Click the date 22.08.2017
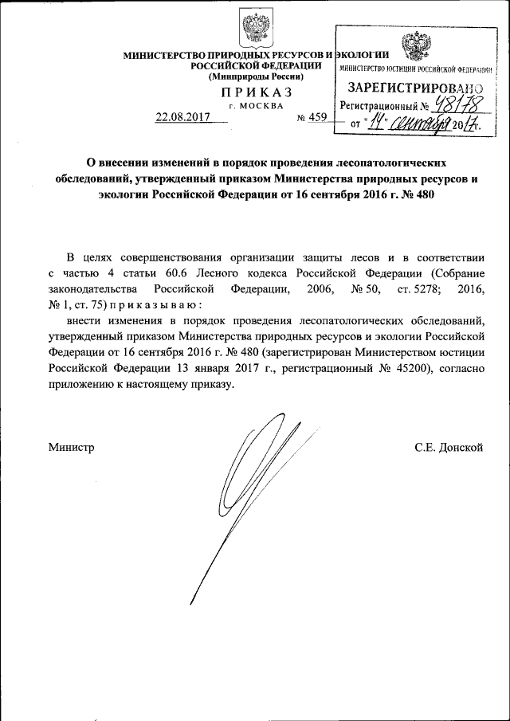[181, 117]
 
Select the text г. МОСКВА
[255, 106]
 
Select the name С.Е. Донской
[449, 448]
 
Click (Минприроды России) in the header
[256, 76]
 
